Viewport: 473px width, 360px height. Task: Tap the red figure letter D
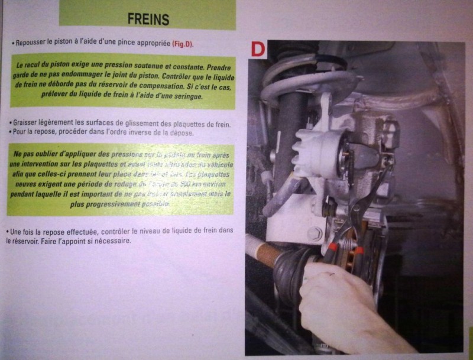pos(258,48)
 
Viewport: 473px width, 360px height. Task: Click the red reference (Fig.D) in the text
pos(183,44)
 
